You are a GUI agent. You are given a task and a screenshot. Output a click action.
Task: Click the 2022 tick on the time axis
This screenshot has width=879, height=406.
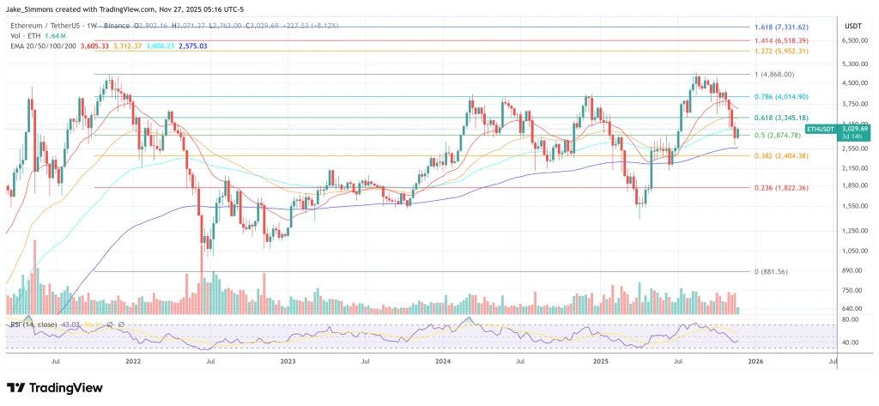click(x=133, y=362)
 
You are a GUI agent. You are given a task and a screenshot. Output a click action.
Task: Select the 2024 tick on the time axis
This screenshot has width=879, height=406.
click(x=443, y=362)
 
